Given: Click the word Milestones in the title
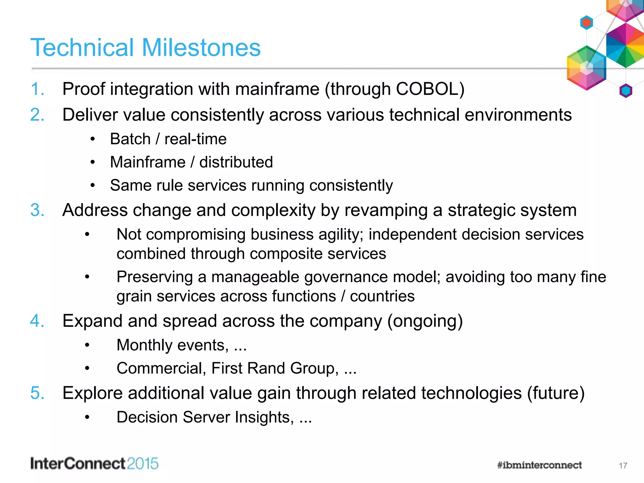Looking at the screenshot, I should coord(201,48).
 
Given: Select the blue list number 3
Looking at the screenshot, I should coord(37,210).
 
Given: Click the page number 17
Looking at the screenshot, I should coord(623,466).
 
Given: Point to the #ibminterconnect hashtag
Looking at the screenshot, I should coord(539,465).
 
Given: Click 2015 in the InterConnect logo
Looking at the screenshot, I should coord(142,464).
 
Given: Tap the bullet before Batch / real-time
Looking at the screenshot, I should coord(92,139).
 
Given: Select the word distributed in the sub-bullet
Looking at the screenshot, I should coord(236,162).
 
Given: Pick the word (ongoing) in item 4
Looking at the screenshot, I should coord(425,321).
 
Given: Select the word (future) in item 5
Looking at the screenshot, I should coord(556,393).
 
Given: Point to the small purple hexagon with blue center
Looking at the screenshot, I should coord(626,91).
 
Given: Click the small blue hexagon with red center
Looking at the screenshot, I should coord(586,23).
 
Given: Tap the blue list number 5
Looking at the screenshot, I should coord(37,393).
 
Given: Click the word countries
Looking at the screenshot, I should coord(382,296).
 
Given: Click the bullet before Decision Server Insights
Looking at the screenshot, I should coord(87,418).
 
